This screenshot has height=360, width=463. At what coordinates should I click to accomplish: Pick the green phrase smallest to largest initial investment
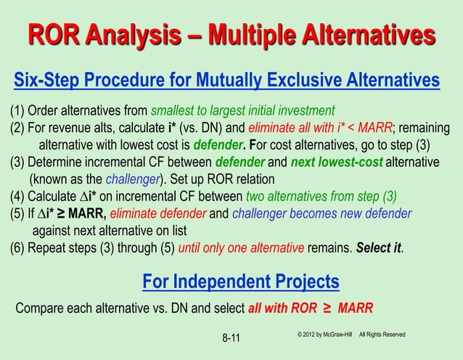pyautogui.click(x=242, y=111)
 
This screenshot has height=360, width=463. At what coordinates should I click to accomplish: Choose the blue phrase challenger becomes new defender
pyautogui.click(x=327, y=214)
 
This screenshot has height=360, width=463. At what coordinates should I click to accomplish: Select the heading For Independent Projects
pyautogui.click(x=240, y=280)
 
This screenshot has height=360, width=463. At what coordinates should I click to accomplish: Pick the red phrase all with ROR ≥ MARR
pyautogui.click(x=311, y=307)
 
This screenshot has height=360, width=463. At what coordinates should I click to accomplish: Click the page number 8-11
pyautogui.click(x=231, y=337)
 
